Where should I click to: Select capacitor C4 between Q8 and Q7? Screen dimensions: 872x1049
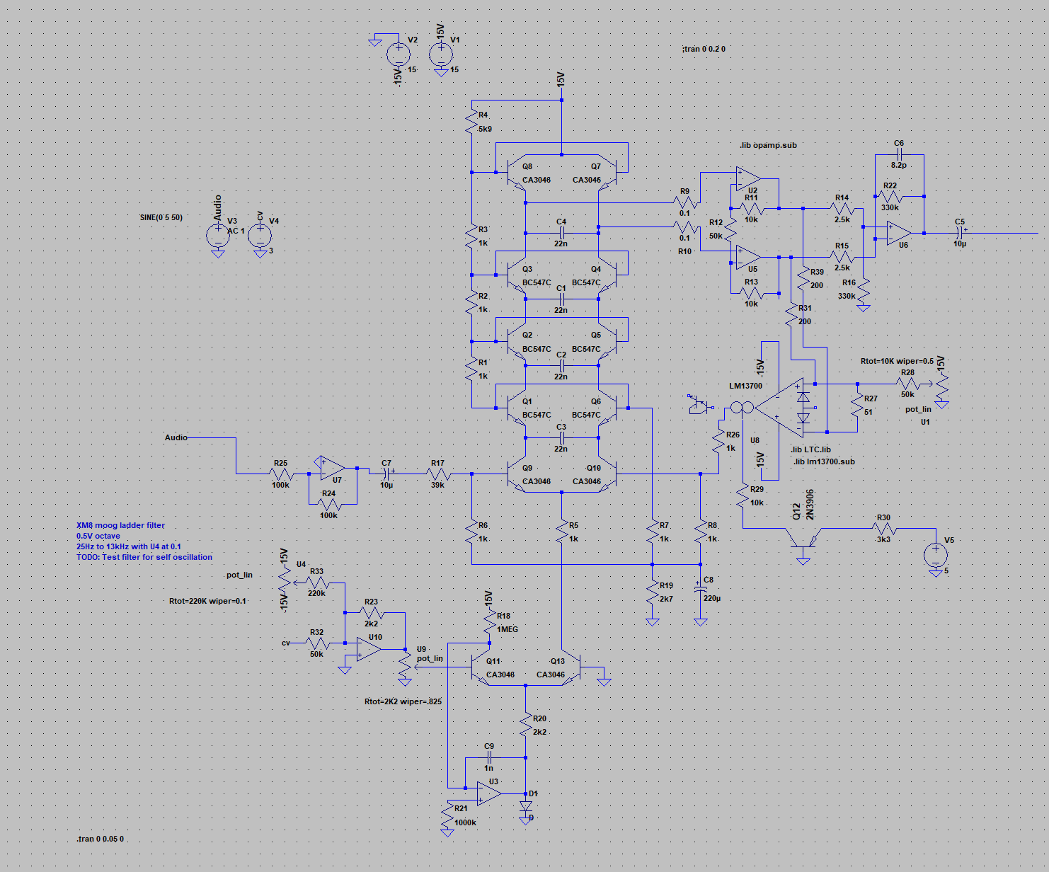coord(561,232)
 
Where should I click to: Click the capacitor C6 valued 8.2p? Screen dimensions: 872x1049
coord(899,154)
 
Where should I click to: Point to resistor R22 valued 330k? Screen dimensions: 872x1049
coord(890,197)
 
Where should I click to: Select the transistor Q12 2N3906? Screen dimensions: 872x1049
coord(803,544)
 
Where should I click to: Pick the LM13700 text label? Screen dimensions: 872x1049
coord(746,386)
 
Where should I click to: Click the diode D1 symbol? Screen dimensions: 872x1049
coord(526,805)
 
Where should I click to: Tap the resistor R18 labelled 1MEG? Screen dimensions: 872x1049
coord(489,622)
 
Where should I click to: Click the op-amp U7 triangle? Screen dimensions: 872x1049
coord(331,468)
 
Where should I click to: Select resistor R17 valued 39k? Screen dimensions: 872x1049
coord(438,474)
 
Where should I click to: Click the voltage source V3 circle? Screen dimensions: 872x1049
coord(218,234)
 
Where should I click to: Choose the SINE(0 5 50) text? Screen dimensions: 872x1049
coord(161,217)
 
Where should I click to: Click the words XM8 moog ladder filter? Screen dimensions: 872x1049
coord(120,525)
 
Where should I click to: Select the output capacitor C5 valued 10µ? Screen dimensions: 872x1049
coord(960,232)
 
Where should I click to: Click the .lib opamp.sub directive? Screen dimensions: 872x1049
coord(768,145)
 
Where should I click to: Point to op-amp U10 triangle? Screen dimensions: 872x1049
coord(368,649)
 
